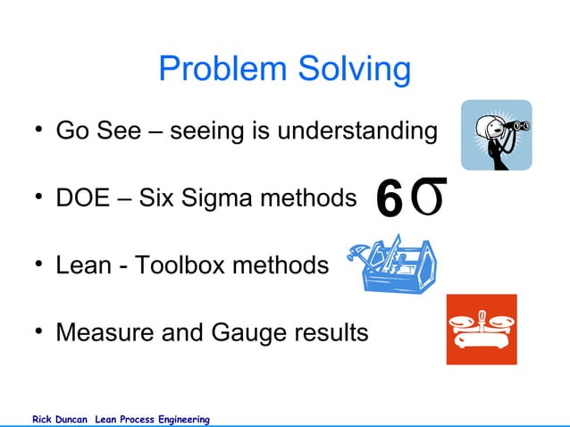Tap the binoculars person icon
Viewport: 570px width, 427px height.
[496, 135]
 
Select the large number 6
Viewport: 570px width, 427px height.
[390, 197]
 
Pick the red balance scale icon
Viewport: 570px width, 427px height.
[482, 330]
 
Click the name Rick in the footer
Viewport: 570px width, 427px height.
[43, 419]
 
